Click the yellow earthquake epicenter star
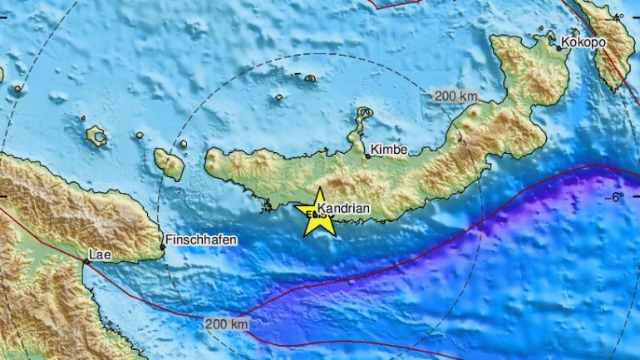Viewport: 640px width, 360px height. click(x=319, y=215)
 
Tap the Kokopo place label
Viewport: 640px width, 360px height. click(x=584, y=42)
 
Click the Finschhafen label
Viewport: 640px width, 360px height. click(x=201, y=239)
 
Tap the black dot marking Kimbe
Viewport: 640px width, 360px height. click(x=367, y=155)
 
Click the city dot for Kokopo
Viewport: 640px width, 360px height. click(x=559, y=48)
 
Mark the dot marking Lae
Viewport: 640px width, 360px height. click(x=86, y=261)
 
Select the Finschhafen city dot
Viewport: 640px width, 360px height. click(x=163, y=246)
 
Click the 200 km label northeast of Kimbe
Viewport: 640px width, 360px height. click(x=455, y=96)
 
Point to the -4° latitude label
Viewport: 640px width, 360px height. click(x=617, y=17)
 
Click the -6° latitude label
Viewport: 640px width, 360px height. click(x=617, y=197)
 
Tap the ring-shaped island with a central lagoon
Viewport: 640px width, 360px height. click(x=96, y=136)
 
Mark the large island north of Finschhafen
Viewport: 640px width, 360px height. click(x=169, y=164)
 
